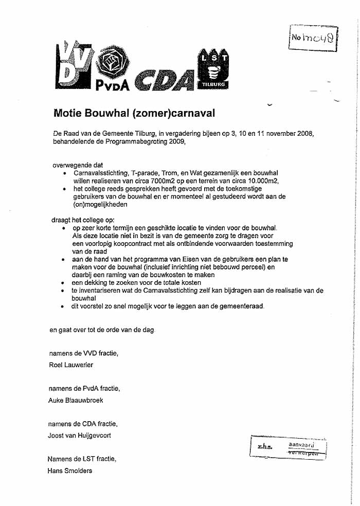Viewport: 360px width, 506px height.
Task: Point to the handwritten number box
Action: (x=314, y=37)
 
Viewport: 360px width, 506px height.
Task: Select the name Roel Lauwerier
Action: (x=71, y=365)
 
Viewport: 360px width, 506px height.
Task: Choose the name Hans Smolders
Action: (x=70, y=471)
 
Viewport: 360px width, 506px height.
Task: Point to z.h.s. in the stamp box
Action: (x=264, y=447)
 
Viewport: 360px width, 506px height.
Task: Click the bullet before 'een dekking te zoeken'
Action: (x=63, y=283)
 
